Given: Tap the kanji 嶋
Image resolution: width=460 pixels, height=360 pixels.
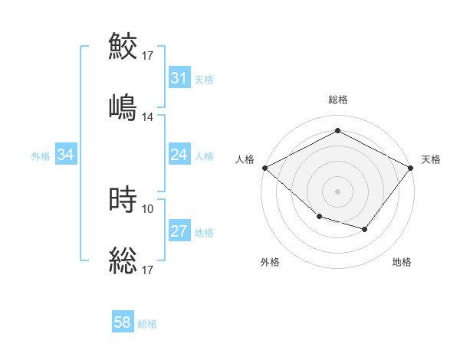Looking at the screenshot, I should click(x=123, y=106).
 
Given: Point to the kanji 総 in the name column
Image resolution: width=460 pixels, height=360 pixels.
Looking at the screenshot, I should click(x=123, y=260).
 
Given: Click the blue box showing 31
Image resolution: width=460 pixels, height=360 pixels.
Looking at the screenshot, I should click(x=179, y=78).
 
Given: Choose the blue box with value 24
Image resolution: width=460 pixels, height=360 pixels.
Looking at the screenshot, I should click(x=179, y=155).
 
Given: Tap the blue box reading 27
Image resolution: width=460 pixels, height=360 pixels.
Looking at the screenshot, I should click(x=179, y=231).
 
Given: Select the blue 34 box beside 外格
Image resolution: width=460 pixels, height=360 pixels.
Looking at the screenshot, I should click(x=66, y=155).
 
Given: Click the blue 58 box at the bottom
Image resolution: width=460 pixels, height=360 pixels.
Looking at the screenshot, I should click(x=123, y=322).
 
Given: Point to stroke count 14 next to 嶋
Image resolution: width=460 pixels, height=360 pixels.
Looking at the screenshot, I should click(x=148, y=116).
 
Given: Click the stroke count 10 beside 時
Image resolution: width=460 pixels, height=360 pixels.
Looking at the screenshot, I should click(x=148, y=208).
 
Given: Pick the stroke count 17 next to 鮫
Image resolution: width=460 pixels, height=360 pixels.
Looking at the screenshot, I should click(x=148, y=55).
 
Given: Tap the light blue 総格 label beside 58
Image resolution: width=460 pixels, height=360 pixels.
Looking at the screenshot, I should click(x=147, y=324).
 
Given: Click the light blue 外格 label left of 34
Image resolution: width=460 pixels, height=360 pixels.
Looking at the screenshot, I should click(x=41, y=155).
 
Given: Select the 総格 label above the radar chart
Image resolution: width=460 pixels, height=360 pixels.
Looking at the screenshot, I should click(x=337, y=100).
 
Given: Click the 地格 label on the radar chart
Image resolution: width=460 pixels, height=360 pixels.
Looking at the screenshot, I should click(x=402, y=262).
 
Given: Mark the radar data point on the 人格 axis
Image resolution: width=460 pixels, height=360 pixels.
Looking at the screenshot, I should click(x=264, y=167).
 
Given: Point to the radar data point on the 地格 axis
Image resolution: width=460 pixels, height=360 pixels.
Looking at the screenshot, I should click(x=365, y=229).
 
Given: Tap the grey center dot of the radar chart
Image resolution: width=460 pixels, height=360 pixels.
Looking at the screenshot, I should click(x=337, y=191).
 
